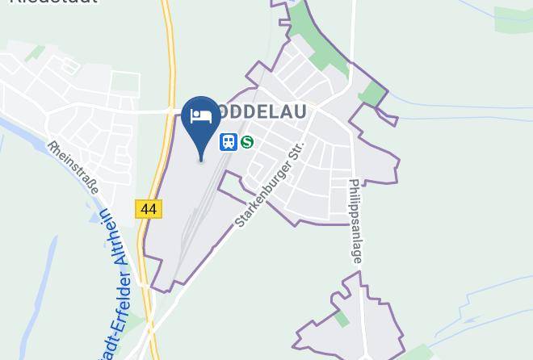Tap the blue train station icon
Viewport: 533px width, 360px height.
coord(229,142)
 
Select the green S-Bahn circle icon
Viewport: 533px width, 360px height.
coord(247,142)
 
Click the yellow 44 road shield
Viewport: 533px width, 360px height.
coord(149,208)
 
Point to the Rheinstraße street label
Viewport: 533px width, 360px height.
coord(72,169)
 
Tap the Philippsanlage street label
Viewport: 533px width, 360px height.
coord(355,220)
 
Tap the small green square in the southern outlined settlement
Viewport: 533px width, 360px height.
coord(342,319)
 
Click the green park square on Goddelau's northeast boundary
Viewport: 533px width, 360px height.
coord(372,94)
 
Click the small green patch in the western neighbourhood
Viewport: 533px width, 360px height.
coord(36,54)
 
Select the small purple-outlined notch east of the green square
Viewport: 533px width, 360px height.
coord(388,119)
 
